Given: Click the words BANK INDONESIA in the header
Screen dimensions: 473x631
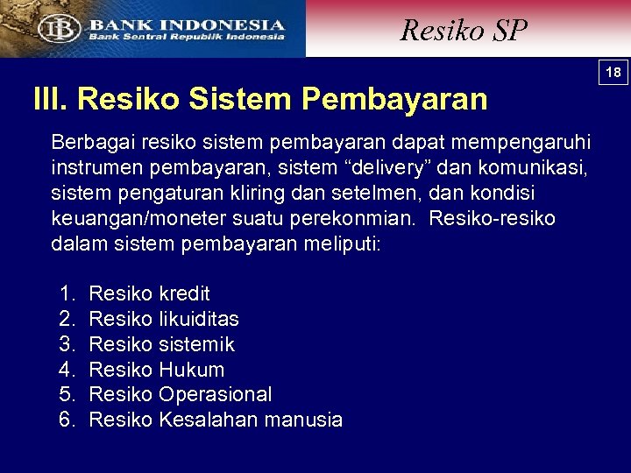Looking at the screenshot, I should pyautogui.click(x=186, y=25).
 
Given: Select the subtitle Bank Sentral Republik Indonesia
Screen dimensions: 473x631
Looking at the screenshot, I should pyautogui.click(x=185, y=38).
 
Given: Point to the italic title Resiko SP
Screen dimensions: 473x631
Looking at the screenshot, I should pyautogui.click(x=464, y=31).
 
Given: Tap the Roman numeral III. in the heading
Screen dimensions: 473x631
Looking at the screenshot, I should pyautogui.click(x=50, y=99).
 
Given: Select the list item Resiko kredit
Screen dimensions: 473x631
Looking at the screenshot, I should pyautogui.click(x=149, y=293).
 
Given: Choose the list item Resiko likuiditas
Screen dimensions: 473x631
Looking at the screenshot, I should pyautogui.click(x=164, y=319).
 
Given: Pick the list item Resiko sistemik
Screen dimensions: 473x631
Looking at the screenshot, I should pyautogui.click(x=162, y=344).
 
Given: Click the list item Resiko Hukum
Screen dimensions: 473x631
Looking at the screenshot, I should pyautogui.click(x=157, y=370).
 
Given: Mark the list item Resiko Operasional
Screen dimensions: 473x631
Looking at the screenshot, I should pyautogui.click(x=181, y=394).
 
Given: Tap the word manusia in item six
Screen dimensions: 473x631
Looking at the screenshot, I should pyautogui.click(x=305, y=420).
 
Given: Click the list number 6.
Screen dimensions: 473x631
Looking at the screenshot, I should pyautogui.click(x=67, y=420).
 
